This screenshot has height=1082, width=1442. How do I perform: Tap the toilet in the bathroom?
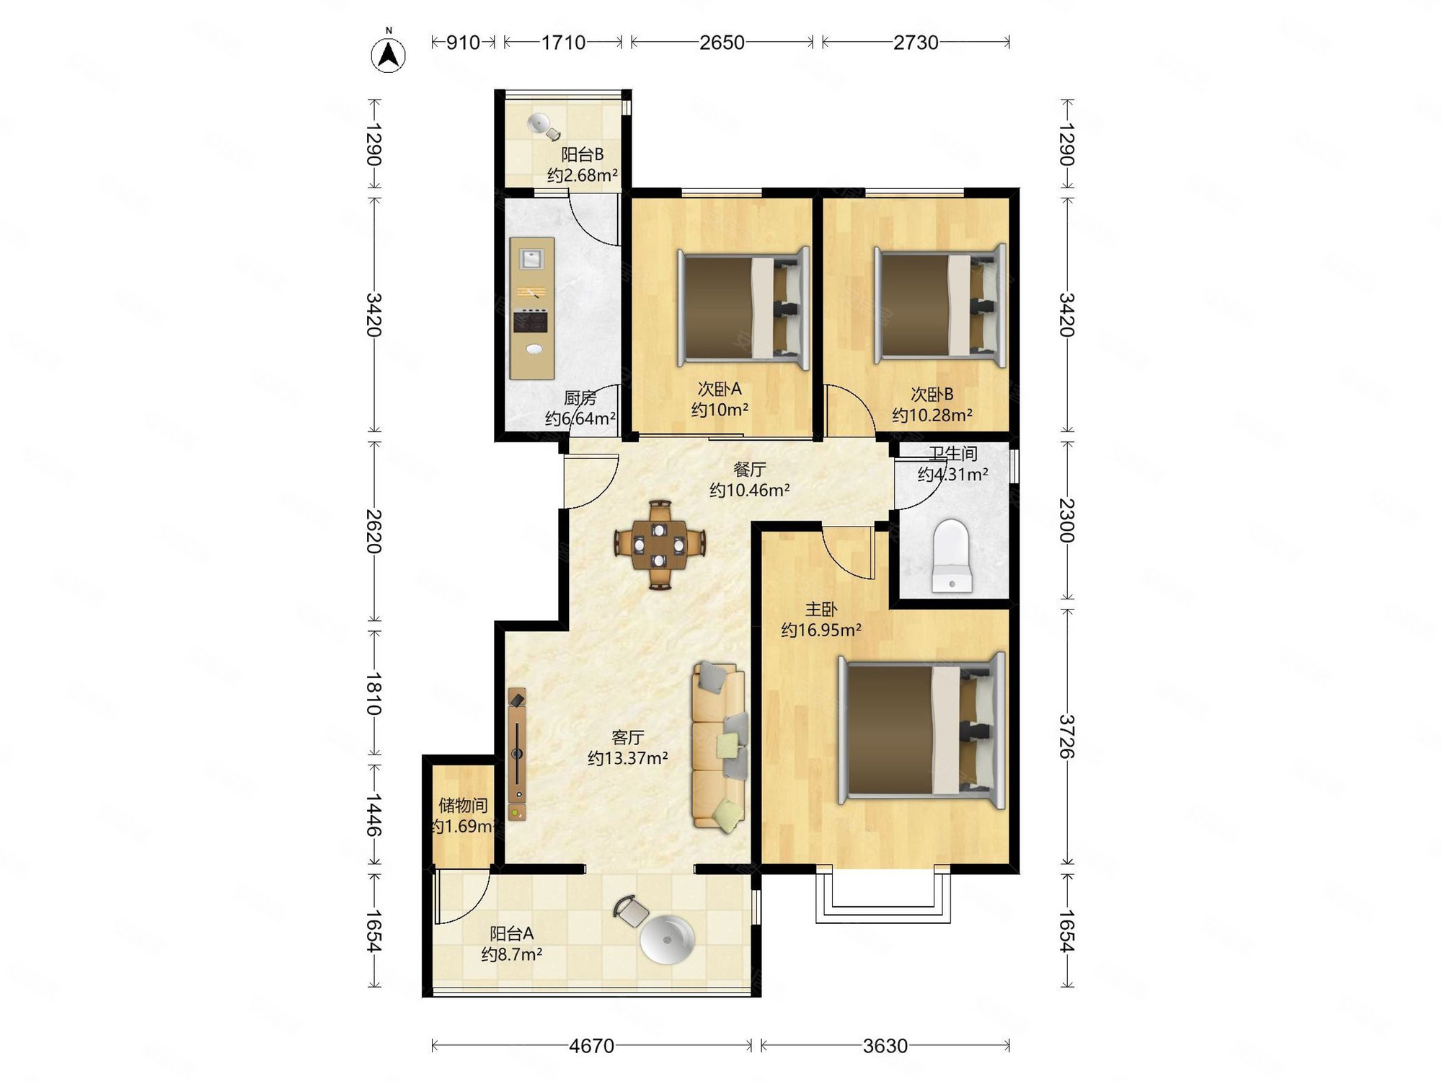[x=952, y=556]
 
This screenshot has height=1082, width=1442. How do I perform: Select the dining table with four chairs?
[x=659, y=545]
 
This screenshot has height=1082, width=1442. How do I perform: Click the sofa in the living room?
[x=719, y=747]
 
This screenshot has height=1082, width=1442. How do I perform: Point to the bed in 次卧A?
[x=743, y=308]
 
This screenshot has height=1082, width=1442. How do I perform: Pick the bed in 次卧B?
[x=939, y=305]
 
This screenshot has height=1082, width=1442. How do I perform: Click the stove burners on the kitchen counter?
[x=531, y=321]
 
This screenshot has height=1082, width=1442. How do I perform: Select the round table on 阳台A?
[x=668, y=940]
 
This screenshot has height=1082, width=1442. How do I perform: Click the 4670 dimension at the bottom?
[x=591, y=1045]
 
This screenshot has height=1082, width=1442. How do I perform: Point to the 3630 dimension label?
[x=885, y=1045]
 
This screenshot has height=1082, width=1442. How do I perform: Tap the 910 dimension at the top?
[x=462, y=43]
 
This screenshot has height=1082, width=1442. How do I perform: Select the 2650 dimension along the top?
[x=722, y=43]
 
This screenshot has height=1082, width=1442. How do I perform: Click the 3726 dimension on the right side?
[x=1066, y=736]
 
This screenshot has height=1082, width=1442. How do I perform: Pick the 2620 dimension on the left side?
[x=373, y=531]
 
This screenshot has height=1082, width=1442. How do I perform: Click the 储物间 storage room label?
[x=463, y=805]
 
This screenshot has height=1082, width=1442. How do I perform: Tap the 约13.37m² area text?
[x=627, y=758]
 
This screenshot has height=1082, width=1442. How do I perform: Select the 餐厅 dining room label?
[x=749, y=470]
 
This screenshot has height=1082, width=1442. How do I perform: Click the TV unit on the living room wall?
[x=517, y=754]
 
